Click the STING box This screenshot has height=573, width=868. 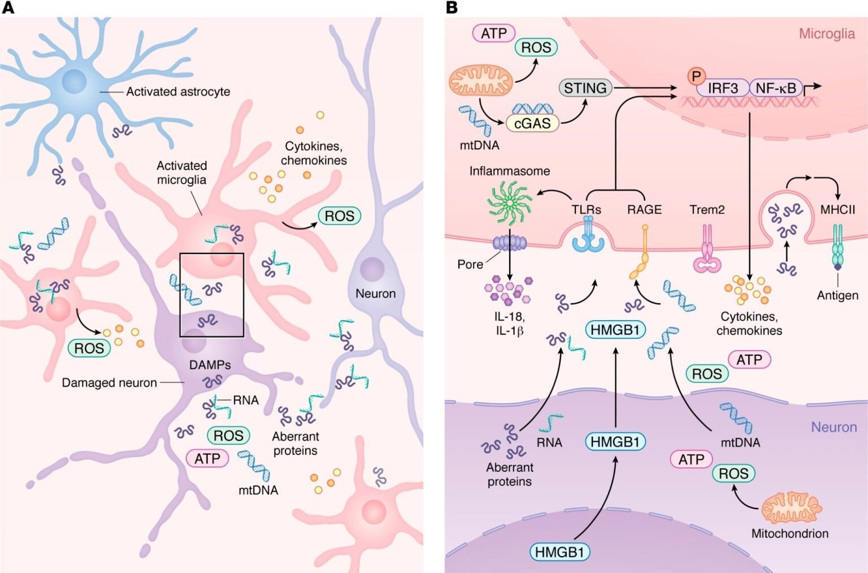point(585,88)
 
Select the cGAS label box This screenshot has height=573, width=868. point(532,123)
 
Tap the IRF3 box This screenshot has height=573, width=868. point(722,88)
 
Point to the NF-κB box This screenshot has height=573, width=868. point(775,88)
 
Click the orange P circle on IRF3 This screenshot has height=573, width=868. point(696,76)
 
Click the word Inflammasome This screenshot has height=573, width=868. point(509,171)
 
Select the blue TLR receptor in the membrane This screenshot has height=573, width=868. point(588,238)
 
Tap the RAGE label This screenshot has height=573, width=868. point(644,210)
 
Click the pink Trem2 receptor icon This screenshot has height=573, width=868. point(707,252)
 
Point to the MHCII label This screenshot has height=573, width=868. point(837,210)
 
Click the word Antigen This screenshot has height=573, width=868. point(837,295)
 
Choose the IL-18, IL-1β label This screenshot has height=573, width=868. point(510,324)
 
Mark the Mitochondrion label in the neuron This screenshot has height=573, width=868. point(789,533)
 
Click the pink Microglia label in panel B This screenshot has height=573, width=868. point(826,34)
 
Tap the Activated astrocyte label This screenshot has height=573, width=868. point(178,92)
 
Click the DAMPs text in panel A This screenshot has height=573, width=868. point(210,365)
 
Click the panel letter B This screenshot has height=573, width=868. point(452,7)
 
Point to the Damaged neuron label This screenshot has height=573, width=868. point(109,383)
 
